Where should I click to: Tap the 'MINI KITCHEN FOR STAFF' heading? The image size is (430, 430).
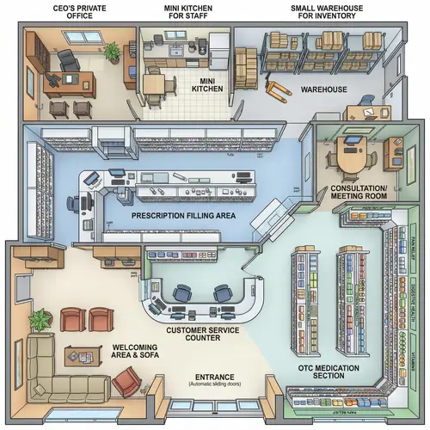point(187,13)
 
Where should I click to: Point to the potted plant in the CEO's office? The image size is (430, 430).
point(111,52)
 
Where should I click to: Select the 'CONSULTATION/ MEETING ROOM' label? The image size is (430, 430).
point(359,191)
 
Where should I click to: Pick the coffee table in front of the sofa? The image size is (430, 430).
point(80,353)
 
